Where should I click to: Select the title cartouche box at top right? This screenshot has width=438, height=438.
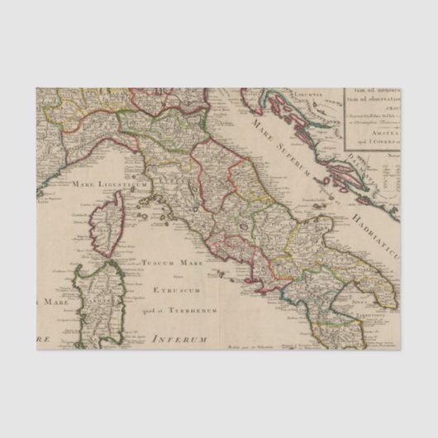[372, 119]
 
